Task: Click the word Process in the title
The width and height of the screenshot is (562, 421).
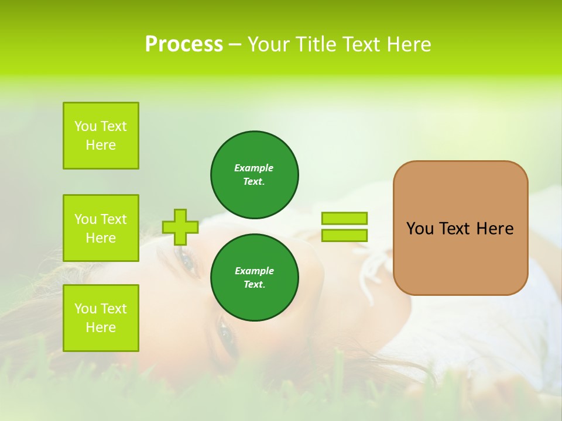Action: [x=183, y=44]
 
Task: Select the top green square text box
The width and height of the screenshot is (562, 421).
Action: [x=101, y=136]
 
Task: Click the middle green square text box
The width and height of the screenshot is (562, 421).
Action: [x=101, y=228]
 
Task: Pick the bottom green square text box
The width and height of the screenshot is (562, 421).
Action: [x=101, y=318]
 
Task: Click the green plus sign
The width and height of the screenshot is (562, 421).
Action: [x=180, y=227]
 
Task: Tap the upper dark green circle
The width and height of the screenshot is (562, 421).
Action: [x=254, y=174]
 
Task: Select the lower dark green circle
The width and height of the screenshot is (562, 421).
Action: [x=254, y=277]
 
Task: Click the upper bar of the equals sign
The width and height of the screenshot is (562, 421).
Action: [x=344, y=218]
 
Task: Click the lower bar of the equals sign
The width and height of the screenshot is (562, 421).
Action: [x=344, y=235]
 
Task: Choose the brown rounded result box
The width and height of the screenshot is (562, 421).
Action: [x=460, y=257]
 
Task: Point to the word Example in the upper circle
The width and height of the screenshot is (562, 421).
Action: [x=253, y=168]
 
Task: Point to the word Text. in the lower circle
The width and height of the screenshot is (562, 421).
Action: [x=254, y=284]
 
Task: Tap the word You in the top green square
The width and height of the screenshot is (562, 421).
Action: [x=85, y=126]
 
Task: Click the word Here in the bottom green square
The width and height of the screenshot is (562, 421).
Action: [x=101, y=327]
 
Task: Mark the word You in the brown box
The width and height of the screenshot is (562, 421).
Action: [x=420, y=229]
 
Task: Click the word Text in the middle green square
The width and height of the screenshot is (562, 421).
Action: [x=113, y=219]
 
